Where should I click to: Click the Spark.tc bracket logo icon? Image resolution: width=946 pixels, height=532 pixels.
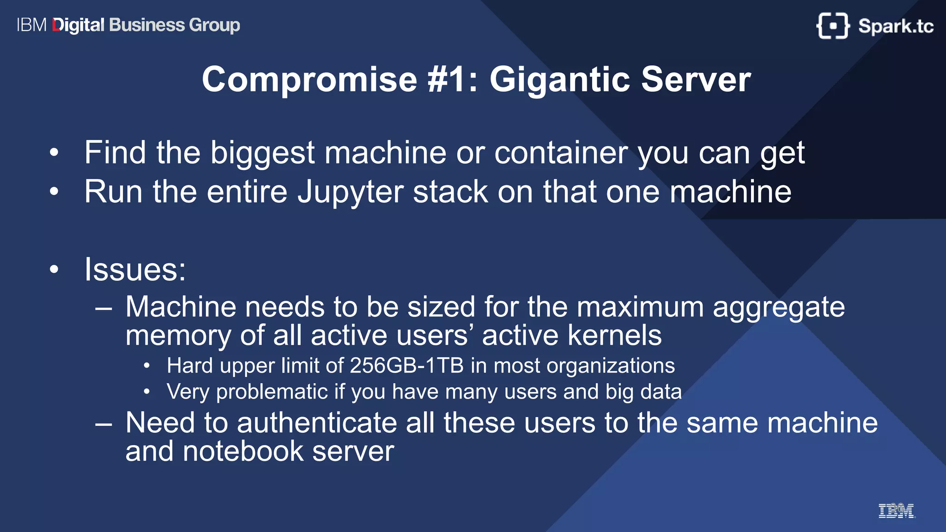[833, 25]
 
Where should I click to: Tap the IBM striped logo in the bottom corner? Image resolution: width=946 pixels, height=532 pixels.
[896, 511]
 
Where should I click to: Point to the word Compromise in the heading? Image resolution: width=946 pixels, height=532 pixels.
[309, 79]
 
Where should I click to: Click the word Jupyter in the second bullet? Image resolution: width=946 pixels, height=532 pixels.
[351, 192]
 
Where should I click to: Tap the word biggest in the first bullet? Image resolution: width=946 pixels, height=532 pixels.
[262, 153]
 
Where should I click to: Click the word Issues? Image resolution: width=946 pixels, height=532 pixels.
[135, 270]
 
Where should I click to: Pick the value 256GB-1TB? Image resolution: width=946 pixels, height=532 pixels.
[406, 366]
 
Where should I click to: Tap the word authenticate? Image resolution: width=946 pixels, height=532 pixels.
[317, 423]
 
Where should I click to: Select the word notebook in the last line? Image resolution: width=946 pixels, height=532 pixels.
[243, 451]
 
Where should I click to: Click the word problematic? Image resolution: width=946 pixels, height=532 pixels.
[272, 392]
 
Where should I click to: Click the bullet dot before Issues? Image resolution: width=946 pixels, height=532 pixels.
[55, 269]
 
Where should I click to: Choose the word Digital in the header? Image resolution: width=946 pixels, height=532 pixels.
[79, 25]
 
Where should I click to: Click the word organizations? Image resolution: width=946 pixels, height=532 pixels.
[611, 366]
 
